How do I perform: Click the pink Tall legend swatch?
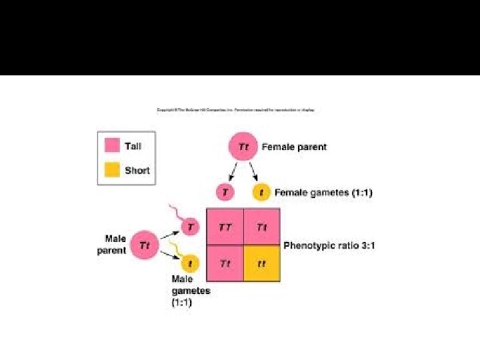112,146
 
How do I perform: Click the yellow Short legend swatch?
112,170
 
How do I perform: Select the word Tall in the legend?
133,146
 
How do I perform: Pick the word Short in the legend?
137,171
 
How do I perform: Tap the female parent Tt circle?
244,147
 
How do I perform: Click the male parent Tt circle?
145,245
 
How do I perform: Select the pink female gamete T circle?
225,193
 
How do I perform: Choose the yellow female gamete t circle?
261,193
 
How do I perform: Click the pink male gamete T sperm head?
191,227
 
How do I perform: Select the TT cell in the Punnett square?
225,227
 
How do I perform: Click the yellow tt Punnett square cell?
261,263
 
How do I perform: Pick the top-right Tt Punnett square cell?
261,227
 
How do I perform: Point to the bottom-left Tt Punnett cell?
225,263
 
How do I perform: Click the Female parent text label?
294,147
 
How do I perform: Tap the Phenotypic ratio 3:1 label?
329,246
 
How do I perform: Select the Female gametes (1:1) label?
323,193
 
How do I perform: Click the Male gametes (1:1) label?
191,291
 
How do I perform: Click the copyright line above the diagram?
235,110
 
